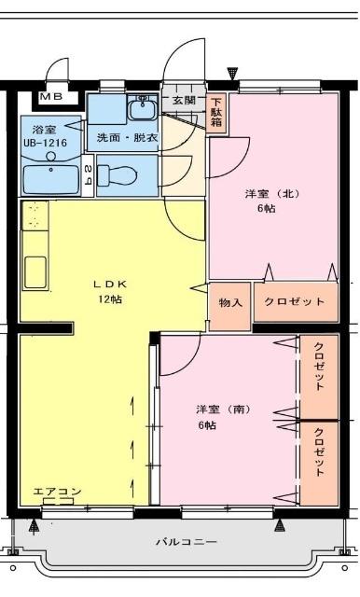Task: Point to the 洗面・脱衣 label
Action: pyautogui.click(x=128, y=137)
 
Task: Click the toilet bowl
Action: pyautogui.click(x=121, y=174)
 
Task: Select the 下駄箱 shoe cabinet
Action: pyautogui.click(x=216, y=112)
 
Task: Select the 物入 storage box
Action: pyautogui.click(x=230, y=302)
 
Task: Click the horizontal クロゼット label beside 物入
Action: pyautogui.click(x=295, y=302)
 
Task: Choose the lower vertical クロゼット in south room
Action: pyautogui.click(x=319, y=452)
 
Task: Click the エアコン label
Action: pyautogui.click(x=57, y=492)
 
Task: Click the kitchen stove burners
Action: pyautogui.click(x=35, y=216)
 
